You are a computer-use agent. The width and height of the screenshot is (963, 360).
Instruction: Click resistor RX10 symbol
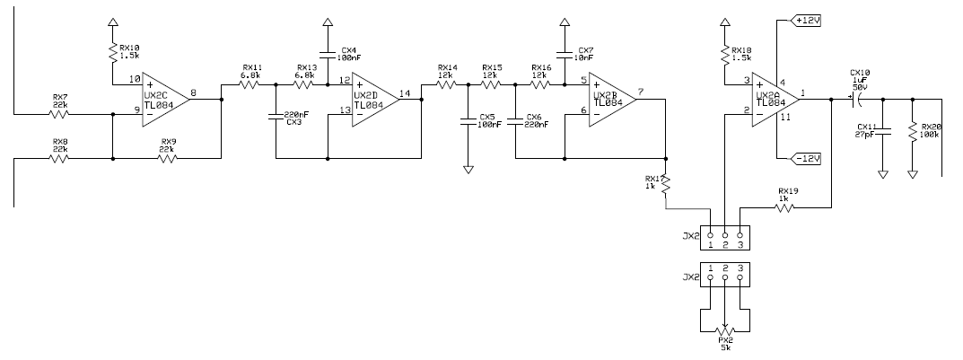pos(111,54)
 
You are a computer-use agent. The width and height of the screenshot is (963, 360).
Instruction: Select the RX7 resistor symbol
pos(60,114)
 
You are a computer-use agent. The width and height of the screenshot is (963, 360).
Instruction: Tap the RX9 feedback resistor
pos(168,160)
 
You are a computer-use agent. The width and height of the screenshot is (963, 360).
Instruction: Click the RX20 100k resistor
pos(913,131)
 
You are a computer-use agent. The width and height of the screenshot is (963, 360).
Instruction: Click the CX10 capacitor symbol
pos(854,99)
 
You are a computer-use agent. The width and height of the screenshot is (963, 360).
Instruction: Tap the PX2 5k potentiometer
pos(724,328)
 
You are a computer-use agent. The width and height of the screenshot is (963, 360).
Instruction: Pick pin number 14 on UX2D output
pos(405,92)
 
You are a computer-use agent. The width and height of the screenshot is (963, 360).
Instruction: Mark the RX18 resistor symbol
pos(723,54)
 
